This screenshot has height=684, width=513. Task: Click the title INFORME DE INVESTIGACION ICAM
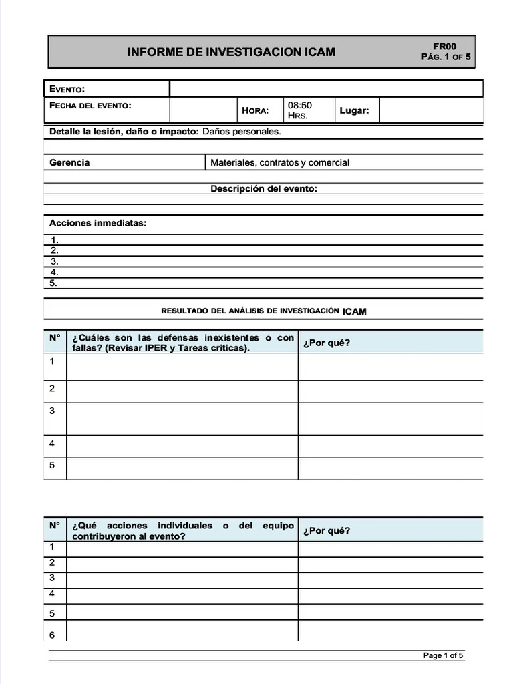231,52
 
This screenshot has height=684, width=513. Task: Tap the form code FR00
445,46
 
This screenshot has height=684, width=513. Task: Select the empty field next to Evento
326,89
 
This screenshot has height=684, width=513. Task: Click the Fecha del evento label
90,106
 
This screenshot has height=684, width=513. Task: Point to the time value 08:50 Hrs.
299,110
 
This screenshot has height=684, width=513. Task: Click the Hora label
255,110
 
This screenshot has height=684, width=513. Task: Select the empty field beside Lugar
431,110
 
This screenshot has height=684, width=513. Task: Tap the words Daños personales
242,132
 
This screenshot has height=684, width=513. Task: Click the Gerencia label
69,162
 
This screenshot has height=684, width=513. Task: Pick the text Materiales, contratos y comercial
280,162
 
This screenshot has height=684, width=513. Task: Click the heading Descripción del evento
264,189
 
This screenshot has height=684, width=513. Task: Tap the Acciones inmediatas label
98,222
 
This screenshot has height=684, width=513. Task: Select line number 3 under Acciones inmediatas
55,261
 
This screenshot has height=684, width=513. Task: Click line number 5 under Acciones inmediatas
55,283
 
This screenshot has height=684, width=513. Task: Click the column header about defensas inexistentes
182,343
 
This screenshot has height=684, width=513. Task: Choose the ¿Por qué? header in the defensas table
326,343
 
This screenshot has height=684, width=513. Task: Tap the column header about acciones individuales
182,530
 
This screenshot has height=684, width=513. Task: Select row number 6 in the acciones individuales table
52,635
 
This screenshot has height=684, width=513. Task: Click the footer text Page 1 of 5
443,655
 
